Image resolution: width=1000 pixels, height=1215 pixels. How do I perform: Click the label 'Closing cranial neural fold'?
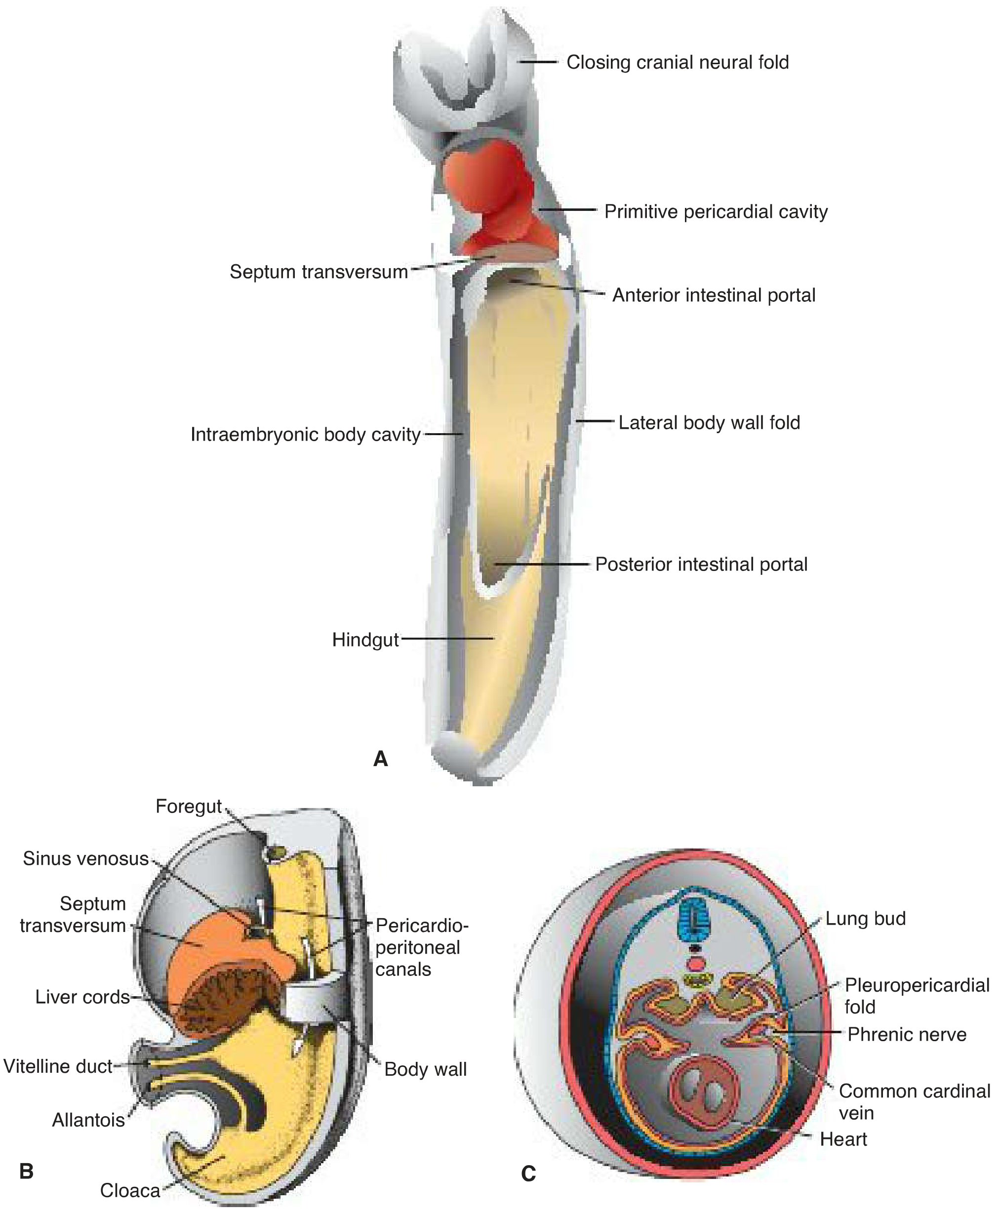click(678, 62)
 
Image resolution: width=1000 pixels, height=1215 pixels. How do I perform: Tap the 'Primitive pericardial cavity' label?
click(716, 211)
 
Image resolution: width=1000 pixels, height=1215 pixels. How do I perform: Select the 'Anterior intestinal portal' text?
click(714, 295)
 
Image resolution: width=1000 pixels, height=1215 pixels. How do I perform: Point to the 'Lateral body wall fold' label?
click(709, 422)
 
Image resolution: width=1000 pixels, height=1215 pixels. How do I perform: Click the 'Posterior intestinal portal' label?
click(701, 564)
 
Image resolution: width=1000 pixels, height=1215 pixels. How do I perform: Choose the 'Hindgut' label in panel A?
click(365, 640)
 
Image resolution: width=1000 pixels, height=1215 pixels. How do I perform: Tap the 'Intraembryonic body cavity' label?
click(305, 434)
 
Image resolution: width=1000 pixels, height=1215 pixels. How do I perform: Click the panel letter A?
click(381, 759)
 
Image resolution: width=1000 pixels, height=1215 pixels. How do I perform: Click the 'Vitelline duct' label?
click(58, 1067)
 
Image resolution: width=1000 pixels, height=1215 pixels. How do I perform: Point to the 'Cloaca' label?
click(130, 1191)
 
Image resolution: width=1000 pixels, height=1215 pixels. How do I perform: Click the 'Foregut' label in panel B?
click(188, 807)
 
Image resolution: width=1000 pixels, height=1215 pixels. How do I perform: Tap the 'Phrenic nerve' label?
click(907, 1035)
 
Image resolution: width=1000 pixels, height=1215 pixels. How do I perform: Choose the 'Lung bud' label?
click(865, 918)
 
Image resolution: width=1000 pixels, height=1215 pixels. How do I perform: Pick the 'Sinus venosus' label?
click(86, 859)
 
